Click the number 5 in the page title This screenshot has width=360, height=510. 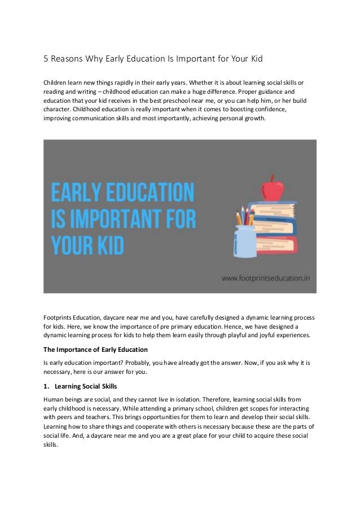tap(47, 58)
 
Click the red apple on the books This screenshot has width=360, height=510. tap(273, 188)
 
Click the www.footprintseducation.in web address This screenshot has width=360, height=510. tap(265, 278)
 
